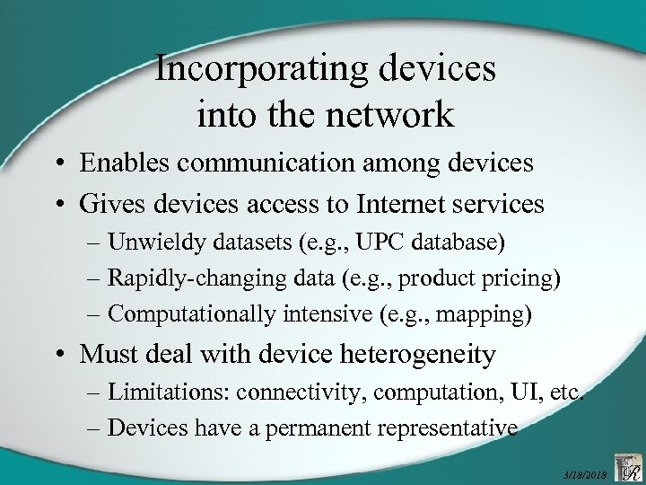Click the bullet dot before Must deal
68,357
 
